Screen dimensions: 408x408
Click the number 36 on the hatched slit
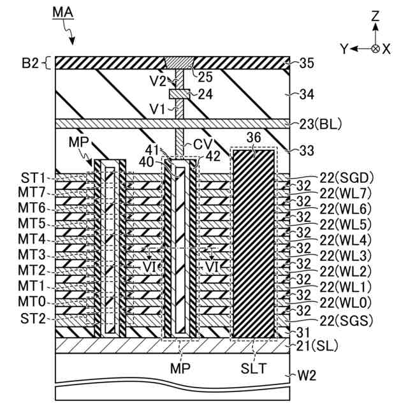(252, 153)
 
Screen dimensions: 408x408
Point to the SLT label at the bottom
(252, 369)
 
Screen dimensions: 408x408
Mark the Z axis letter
(377, 15)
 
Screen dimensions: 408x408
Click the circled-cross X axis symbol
(376, 48)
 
